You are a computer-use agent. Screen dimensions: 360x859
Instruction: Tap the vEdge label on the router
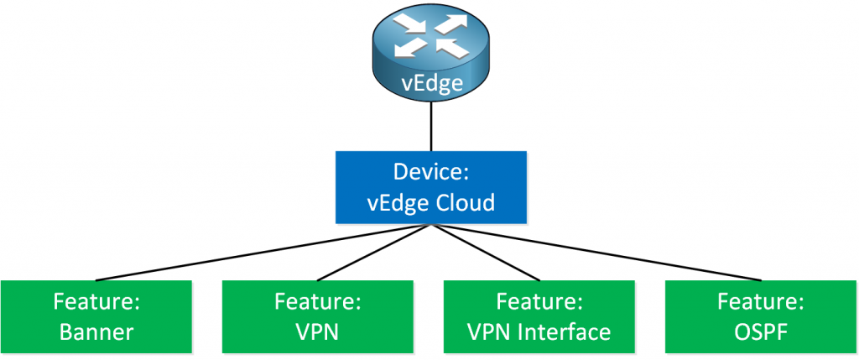[431, 84]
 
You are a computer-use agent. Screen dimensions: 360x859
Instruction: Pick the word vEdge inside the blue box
[401, 202]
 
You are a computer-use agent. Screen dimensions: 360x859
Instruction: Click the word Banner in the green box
[96, 331]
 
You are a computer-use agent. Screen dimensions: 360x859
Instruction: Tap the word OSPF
[761, 331]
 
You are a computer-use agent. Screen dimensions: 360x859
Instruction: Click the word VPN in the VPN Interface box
[489, 331]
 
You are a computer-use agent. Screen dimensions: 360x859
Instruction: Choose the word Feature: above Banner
[96, 301]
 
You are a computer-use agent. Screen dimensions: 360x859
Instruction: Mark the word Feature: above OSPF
[761, 301]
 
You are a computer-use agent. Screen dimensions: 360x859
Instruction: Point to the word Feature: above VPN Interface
[539, 301]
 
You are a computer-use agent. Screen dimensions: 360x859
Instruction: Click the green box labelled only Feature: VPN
[318, 316]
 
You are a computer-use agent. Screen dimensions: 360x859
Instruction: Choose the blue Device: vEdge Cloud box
[431, 186]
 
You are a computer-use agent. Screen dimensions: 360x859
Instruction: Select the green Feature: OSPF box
[761, 316]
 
